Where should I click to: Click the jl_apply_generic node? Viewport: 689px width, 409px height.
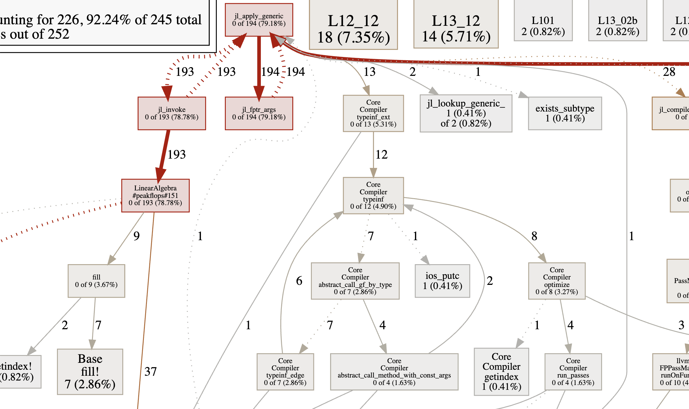coord(259,20)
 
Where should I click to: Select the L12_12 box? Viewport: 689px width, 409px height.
coord(353,29)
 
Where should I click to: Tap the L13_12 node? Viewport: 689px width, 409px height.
coord(456,29)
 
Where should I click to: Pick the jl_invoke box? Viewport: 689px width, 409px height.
coord(172,113)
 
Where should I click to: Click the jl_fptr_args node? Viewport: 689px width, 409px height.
coord(259,113)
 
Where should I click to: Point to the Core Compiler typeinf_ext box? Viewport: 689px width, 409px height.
coord(373,113)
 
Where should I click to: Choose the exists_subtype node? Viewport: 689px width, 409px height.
coord(565,113)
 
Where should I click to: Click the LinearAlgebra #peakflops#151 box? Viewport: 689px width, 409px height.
coord(155,196)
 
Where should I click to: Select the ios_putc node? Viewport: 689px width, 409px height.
coord(442,281)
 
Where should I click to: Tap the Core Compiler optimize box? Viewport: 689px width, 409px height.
coord(557,281)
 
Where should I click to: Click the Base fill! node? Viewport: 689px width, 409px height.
coord(90,372)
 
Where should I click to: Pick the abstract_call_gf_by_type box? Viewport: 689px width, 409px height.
coord(355,281)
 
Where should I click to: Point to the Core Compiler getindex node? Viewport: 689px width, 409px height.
coord(501,372)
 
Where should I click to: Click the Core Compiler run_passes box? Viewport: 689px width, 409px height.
coord(573,372)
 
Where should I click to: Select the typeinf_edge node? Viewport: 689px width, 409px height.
coord(285,372)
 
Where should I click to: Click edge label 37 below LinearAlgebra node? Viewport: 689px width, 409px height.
coord(151,372)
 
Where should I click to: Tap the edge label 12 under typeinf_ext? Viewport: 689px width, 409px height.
coord(381,154)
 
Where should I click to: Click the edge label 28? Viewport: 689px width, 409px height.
coord(669,72)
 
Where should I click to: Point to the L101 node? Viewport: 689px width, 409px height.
coord(543,26)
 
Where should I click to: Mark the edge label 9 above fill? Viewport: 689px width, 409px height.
coord(136,236)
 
